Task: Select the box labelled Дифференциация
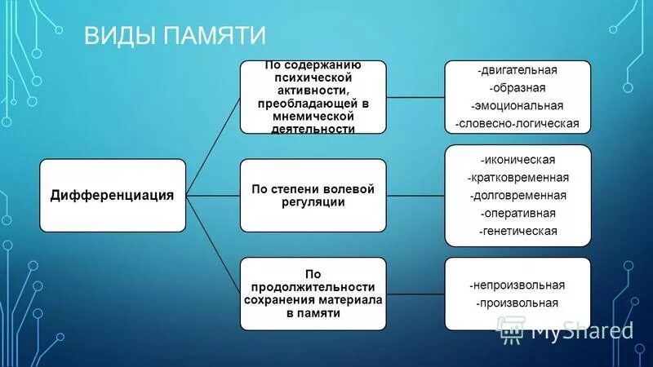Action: pos(113,195)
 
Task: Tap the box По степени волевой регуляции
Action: pos(313,195)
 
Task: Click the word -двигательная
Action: pos(518,70)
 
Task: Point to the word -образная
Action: pos(518,88)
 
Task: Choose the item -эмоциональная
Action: pos(518,106)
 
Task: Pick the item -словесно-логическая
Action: pos(518,124)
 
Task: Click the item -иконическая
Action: pos(518,159)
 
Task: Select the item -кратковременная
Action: pos(518,177)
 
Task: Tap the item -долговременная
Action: pos(518,195)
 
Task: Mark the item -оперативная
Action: pos(518,213)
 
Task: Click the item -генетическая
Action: pos(518,231)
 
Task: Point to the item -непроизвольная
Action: pos(518,285)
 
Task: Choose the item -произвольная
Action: pos(518,303)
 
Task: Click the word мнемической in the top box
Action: pos(313,116)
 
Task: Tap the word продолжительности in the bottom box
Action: pos(313,287)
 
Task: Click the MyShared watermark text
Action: pos(581,330)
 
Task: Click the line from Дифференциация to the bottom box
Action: pos(214,245)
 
